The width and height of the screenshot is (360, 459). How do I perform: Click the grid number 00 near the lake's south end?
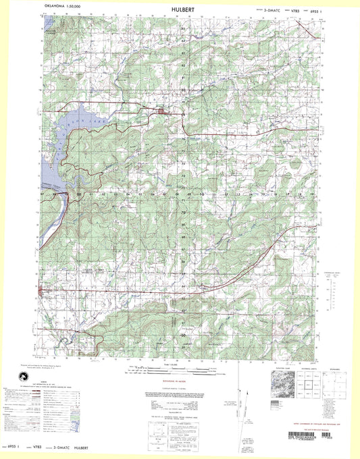pos(79,194)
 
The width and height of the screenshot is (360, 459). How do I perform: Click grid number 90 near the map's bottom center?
pos(182,334)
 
